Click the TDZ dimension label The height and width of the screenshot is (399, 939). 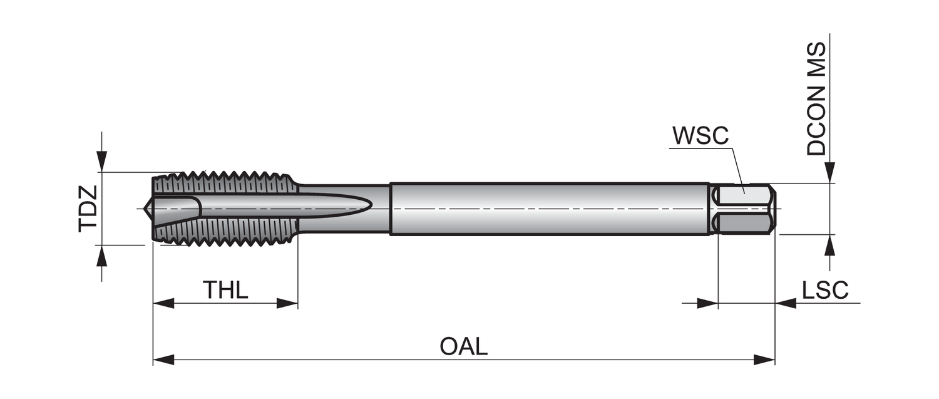point(88,209)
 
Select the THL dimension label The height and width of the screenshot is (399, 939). point(225,290)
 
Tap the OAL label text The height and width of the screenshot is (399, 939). point(463,346)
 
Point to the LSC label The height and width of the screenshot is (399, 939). point(825,290)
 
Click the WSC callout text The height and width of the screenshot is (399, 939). point(700,136)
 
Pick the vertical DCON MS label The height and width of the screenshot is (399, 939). point(816,99)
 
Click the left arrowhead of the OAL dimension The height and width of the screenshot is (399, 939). point(163,360)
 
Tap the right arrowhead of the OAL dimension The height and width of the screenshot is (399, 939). point(765,360)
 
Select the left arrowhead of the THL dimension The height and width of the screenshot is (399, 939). point(163,304)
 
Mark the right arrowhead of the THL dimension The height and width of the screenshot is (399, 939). point(287,304)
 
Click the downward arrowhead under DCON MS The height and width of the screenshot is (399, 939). point(829,172)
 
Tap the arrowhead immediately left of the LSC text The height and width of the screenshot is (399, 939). point(786,304)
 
